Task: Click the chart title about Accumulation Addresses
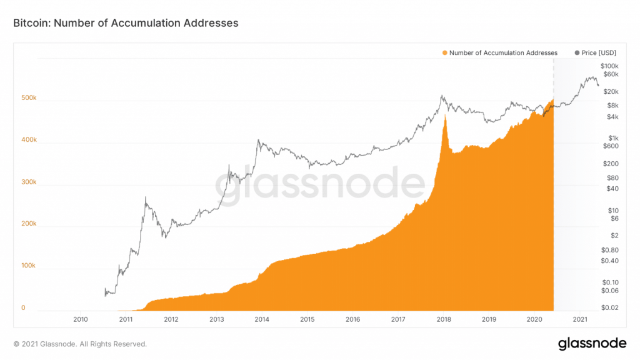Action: pos(126,23)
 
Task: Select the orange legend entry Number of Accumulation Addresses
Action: pos(499,53)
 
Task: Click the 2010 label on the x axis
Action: pos(80,319)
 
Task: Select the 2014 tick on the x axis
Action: pos(262,319)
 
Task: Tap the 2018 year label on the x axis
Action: pos(444,319)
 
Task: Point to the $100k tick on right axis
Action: pos(609,66)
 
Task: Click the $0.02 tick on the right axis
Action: pos(609,307)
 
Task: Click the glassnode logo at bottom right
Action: pos(591,343)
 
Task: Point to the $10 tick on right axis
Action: pos(613,210)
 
